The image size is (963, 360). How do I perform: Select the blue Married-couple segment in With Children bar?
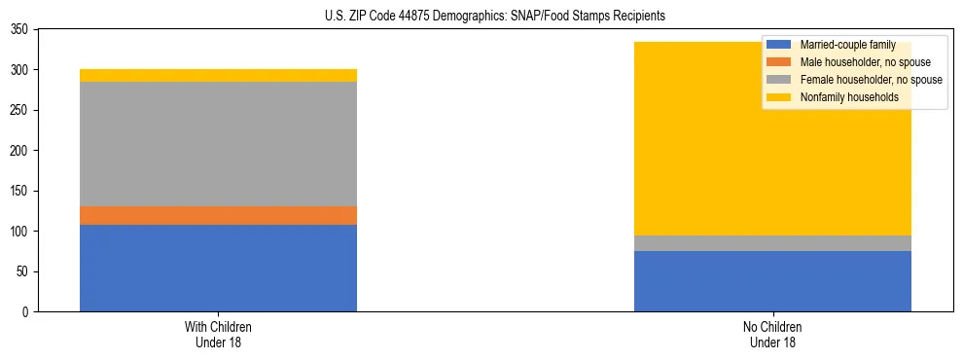pyautogui.click(x=218, y=268)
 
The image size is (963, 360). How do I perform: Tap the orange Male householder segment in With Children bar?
pyautogui.click(x=218, y=215)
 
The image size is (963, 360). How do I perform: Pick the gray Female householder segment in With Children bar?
pyautogui.click(x=218, y=144)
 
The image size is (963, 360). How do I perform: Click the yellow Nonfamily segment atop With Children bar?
pyautogui.click(x=218, y=75)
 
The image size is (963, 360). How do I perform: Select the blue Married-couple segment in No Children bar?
pyautogui.click(x=772, y=281)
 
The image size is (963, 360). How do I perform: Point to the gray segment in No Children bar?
pyautogui.click(x=772, y=243)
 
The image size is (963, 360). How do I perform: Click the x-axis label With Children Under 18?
pyautogui.click(x=218, y=334)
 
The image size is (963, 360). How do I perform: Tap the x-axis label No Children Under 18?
pyautogui.click(x=772, y=334)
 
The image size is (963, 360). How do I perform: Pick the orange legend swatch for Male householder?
pyautogui.click(x=779, y=62)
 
